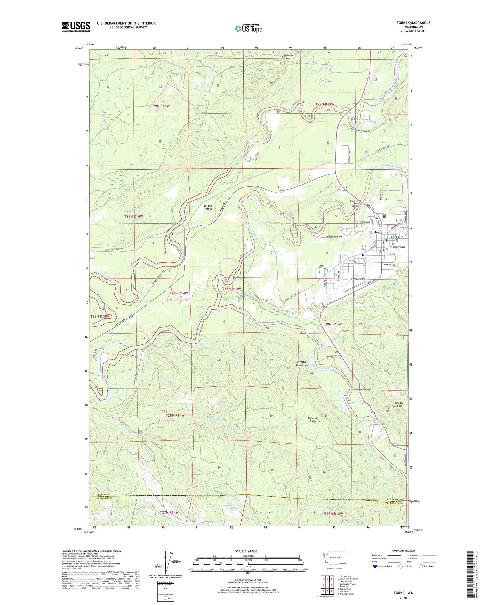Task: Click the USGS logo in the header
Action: coord(76,27)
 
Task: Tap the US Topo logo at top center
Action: coord(248,28)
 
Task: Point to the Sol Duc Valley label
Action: coord(208,207)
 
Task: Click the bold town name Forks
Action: coord(374,232)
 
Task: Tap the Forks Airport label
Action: coord(358,279)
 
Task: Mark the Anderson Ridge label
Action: coord(313,420)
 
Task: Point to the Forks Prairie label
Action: coord(398,247)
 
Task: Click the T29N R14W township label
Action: coord(160,106)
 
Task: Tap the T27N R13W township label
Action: coord(333,513)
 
